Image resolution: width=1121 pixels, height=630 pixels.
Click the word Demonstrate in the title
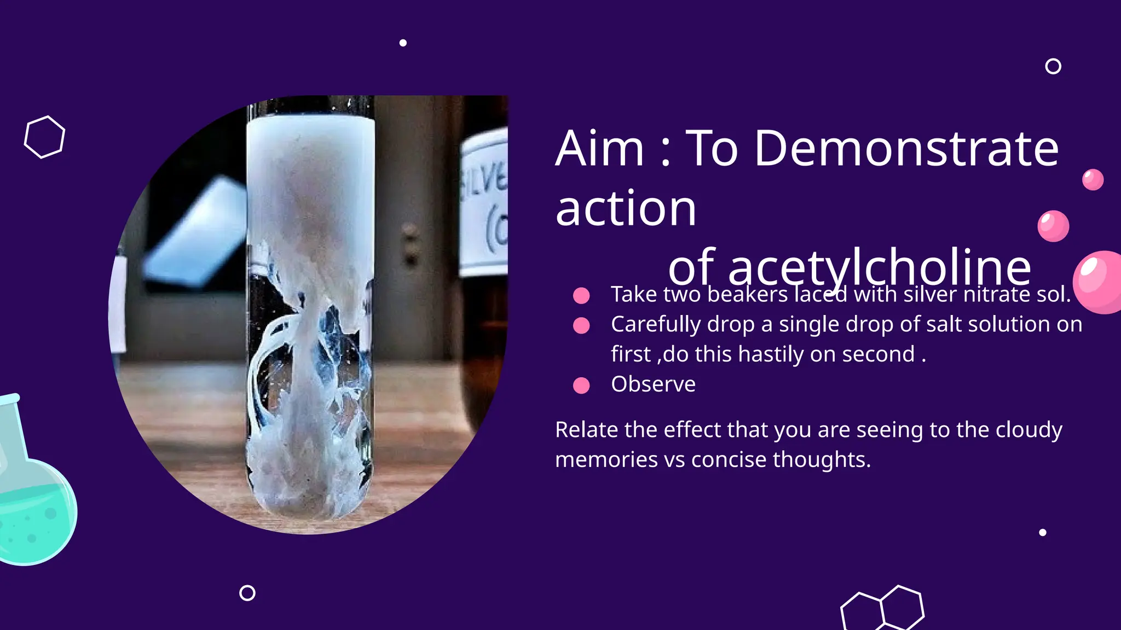(906, 149)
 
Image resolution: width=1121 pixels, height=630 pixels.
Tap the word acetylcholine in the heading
(850, 267)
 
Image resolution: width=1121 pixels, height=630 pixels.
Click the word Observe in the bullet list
(653, 384)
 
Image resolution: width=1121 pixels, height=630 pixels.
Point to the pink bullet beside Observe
(581, 386)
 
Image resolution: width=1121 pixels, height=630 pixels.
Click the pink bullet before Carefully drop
(581, 325)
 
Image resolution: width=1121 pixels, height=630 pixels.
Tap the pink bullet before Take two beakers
(581, 295)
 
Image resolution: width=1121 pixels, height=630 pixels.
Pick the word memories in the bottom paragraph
(606, 459)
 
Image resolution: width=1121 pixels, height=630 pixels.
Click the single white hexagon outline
(44, 137)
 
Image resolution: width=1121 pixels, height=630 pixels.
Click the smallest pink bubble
(1093, 179)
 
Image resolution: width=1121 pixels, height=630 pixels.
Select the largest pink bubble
(1099, 282)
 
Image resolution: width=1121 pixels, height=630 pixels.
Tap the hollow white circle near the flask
(247, 593)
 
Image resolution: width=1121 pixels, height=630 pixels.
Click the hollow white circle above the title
(1053, 66)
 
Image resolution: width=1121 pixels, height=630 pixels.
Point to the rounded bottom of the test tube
(309, 500)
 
